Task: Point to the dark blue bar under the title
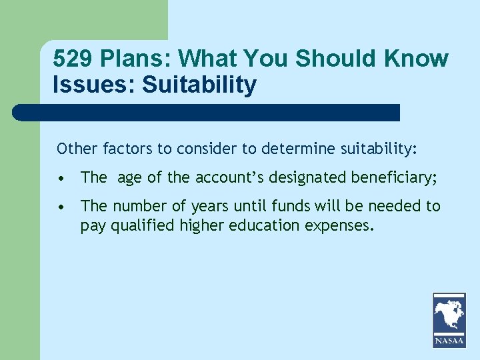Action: pyautogui.click(x=207, y=112)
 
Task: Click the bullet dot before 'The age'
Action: pyautogui.click(x=61, y=179)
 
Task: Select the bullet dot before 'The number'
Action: pyautogui.click(x=61, y=207)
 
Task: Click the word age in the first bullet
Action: pyautogui.click(x=129, y=178)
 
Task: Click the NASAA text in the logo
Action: pyautogui.click(x=449, y=341)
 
